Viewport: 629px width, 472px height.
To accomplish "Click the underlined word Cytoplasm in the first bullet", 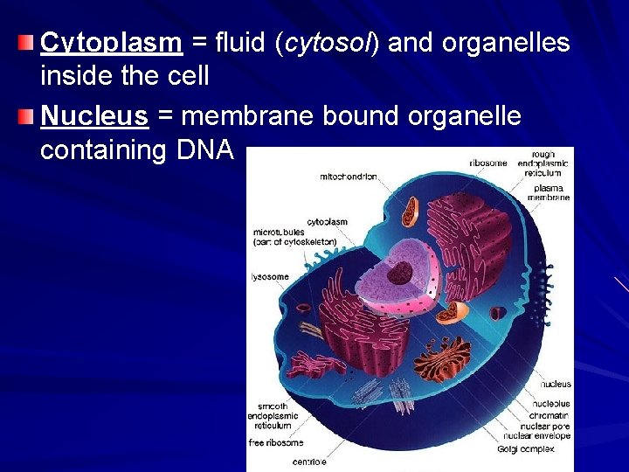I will (x=111, y=43).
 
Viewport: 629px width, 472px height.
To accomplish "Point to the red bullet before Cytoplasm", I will (x=29, y=42).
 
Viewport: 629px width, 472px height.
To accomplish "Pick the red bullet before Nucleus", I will (x=29, y=115).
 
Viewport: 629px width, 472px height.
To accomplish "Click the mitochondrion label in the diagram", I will (x=349, y=177).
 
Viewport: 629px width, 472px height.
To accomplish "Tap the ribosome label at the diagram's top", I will (x=487, y=163).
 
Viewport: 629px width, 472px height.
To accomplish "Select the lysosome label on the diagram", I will (x=270, y=277).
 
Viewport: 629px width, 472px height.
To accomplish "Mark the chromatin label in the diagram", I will (x=549, y=414).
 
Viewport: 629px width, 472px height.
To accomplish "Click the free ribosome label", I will (x=276, y=442).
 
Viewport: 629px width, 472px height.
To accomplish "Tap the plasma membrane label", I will (x=549, y=192).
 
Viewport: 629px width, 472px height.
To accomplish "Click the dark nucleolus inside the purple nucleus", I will (x=400, y=273).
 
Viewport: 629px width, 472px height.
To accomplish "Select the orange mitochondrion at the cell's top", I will (x=410, y=211).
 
